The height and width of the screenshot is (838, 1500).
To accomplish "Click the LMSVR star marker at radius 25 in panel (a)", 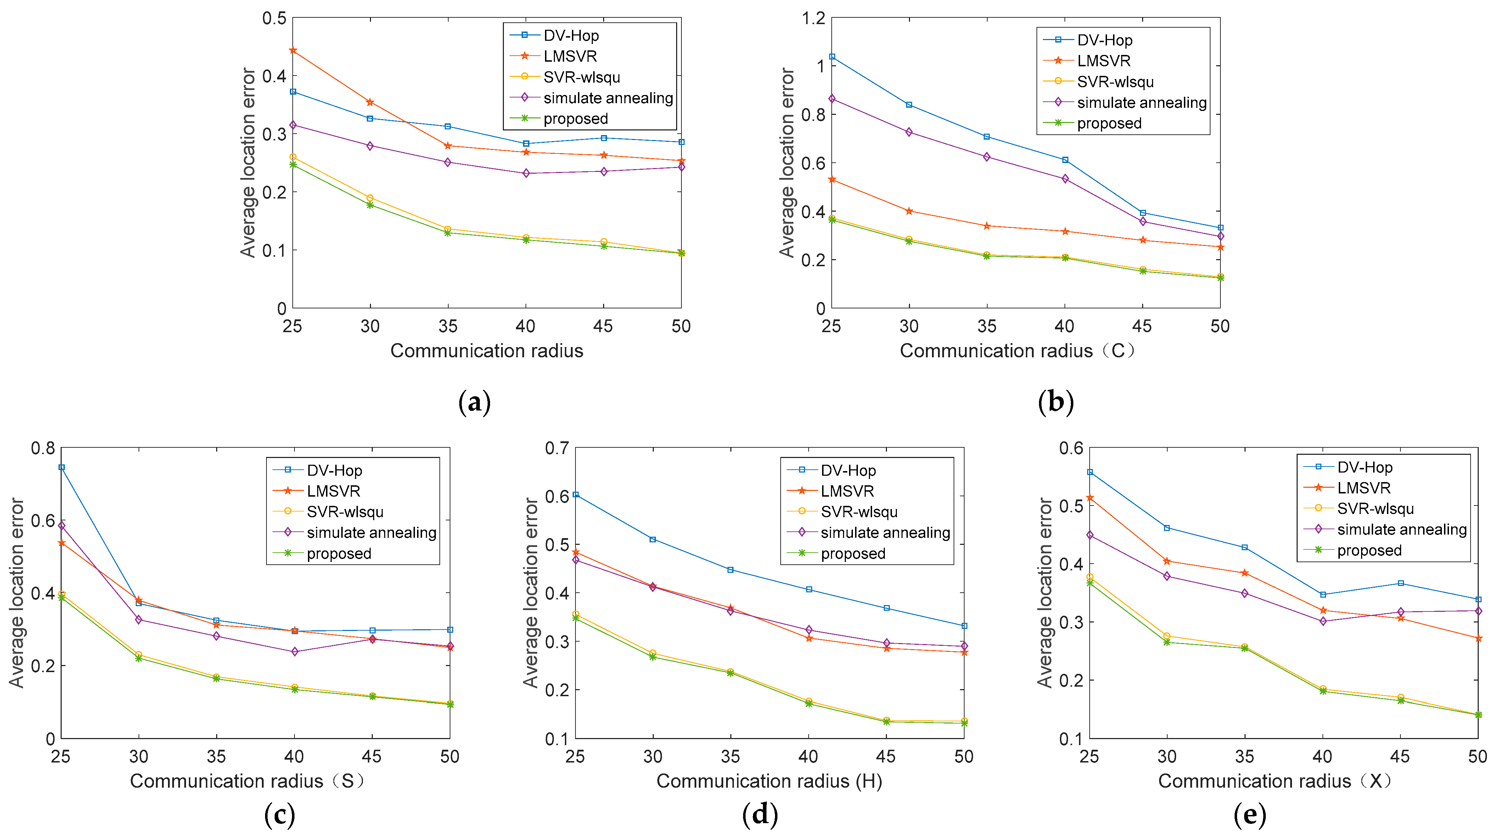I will [293, 51].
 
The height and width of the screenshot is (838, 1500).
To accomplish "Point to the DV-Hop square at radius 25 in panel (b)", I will [832, 56].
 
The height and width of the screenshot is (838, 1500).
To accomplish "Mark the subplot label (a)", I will [474, 402].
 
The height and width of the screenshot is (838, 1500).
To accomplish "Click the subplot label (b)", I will [1055, 402].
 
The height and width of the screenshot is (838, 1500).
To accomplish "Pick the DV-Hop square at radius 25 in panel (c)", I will [62, 467].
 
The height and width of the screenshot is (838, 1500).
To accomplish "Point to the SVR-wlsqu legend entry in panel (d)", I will [859, 512].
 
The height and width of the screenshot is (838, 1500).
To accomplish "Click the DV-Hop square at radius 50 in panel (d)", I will [964, 626].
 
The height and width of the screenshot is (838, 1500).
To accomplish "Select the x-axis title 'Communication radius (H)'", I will [769, 781].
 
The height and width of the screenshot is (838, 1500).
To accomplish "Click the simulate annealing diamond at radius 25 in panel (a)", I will [293, 125].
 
